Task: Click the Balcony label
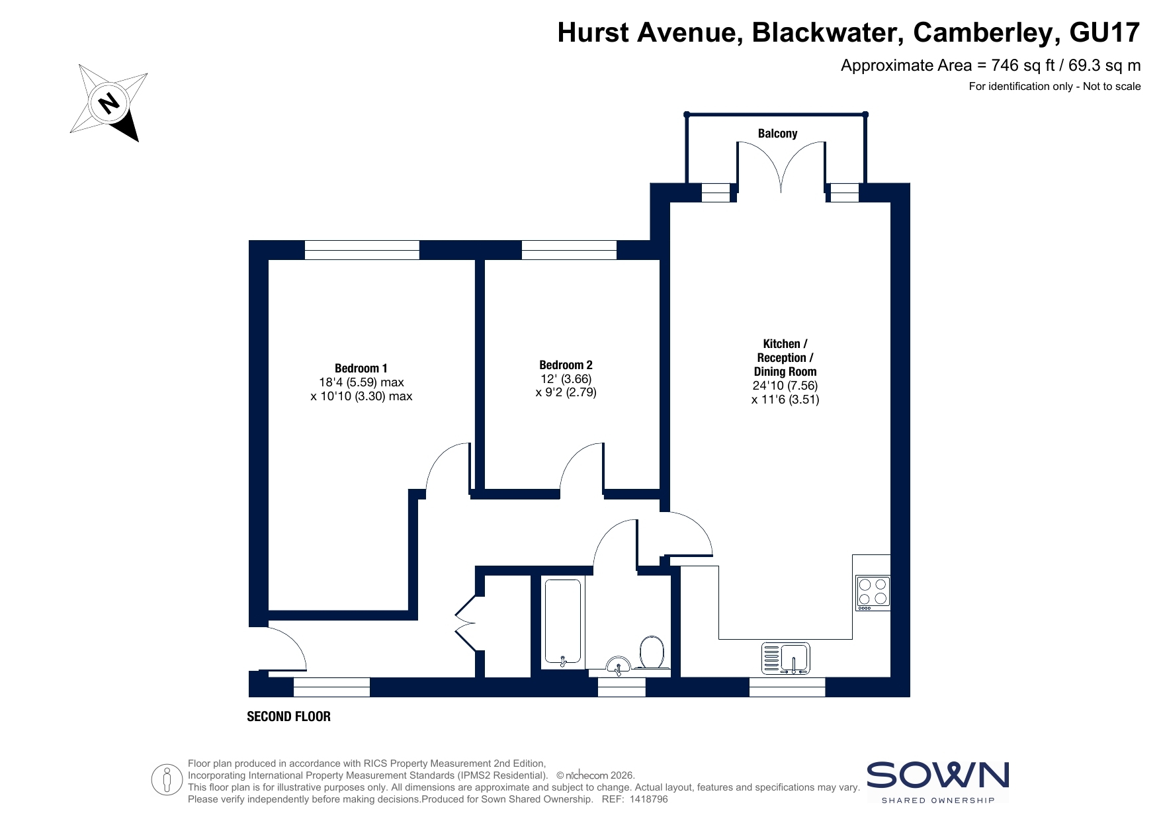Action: [777, 134]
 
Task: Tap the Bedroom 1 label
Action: [361, 368]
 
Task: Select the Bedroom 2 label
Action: [566, 365]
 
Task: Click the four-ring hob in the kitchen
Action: [873, 593]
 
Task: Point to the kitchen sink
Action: [786, 658]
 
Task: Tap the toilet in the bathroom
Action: [652, 652]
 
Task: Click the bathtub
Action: [563, 622]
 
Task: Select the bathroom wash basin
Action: [619, 665]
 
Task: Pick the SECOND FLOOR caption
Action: [288, 716]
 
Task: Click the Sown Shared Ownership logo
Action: [937, 782]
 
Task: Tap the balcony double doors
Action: [781, 166]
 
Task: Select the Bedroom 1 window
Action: [362, 250]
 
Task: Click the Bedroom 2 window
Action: [569, 250]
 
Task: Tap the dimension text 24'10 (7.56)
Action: [785, 386]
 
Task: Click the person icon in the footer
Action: [166, 780]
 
